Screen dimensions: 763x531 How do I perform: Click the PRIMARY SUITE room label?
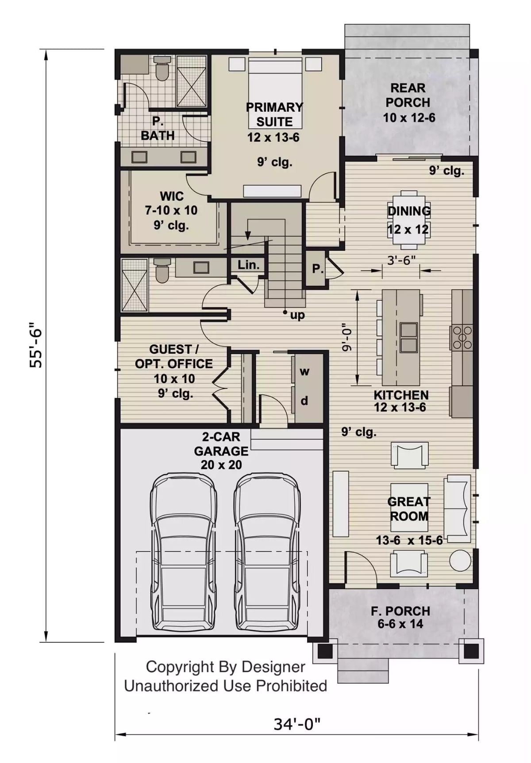(x=274, y=114)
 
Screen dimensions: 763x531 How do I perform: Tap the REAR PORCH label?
(x=408, y=95)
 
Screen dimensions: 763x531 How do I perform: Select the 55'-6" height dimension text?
(x=36, y=348)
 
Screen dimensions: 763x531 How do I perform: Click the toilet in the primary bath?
(x=162, y=70)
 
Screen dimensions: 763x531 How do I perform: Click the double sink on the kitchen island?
(x=408, y=337)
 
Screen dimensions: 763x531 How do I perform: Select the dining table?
(x=408, y=220)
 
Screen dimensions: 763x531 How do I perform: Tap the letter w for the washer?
(x=304, y=372)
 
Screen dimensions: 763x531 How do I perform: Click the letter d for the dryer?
(x=304, y=401)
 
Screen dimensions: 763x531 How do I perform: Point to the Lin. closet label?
(x=248, y=265)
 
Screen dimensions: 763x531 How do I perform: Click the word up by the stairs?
(x=297, y=315)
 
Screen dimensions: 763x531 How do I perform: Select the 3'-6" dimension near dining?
(x=401, y=261)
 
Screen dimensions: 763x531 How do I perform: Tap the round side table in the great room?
(x=460, y=560)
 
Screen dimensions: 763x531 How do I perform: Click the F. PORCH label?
(x=400, y=611)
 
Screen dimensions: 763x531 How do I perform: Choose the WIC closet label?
(x=172, y=196)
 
